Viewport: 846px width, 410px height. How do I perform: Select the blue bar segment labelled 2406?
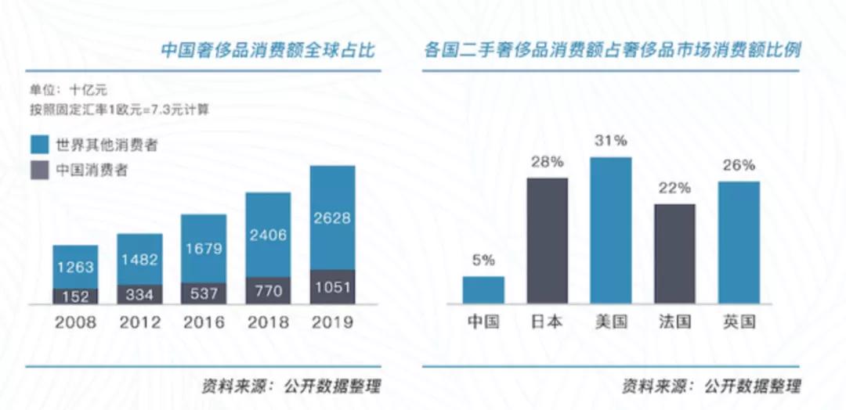(x=268, y=235)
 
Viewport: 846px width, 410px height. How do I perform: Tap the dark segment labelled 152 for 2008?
(x=75, y=297)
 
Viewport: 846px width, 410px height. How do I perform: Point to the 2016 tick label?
(x=203, y=322)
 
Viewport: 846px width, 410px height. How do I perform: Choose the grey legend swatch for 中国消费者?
(x=40, y=170)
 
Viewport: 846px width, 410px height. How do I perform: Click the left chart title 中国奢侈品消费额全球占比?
(x=268, y=51)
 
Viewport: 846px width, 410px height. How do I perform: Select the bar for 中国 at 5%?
(x=483, y=290)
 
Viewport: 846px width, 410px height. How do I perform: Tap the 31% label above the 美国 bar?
(x=610, y=142)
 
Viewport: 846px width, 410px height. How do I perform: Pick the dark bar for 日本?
(x=547, y=240)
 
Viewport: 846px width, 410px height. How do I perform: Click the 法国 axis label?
(x=674, y=322)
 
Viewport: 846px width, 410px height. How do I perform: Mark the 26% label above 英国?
(x=738, y=165)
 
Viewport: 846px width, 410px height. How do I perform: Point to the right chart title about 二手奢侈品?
(x=612, y=51)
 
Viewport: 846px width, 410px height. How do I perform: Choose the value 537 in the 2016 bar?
(x=204, y=293)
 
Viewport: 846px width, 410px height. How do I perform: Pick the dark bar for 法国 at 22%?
(x=674, y=254)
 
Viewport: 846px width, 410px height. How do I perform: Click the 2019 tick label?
(x=332, y=322)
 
